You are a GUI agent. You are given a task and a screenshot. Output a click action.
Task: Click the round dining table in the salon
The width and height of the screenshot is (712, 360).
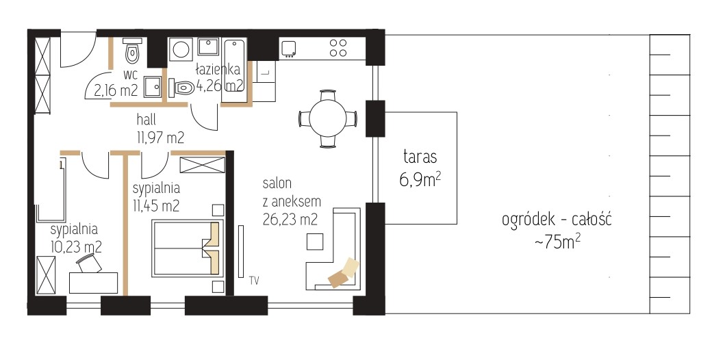(328, 119)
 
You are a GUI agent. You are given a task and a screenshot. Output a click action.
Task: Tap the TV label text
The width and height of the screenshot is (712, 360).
(254, 281)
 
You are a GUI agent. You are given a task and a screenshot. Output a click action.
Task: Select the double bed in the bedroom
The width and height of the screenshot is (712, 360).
(188, 248)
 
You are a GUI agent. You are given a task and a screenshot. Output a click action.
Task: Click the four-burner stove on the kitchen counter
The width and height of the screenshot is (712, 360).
(338, 48)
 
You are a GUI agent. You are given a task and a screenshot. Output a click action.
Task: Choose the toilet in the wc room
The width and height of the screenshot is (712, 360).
(132, 51)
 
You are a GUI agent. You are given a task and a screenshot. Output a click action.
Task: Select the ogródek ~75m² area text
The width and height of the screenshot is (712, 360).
(557, 231)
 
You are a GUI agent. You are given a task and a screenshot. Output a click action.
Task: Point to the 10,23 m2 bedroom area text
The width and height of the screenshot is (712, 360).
(76, 247)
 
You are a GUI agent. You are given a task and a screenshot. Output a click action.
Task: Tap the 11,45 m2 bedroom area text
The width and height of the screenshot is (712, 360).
(156, 205)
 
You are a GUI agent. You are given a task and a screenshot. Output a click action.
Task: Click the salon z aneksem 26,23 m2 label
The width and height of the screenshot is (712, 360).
(291, 201)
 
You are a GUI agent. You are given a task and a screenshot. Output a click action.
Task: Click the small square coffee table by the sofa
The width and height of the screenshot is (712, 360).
(315, 241)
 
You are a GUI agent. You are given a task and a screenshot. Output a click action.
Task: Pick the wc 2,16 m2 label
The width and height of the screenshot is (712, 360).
(116, 83)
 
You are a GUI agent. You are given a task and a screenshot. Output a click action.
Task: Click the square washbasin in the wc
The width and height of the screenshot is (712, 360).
(153, 86)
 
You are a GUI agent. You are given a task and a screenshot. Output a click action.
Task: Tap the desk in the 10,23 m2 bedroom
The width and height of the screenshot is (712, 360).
(94, 283)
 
